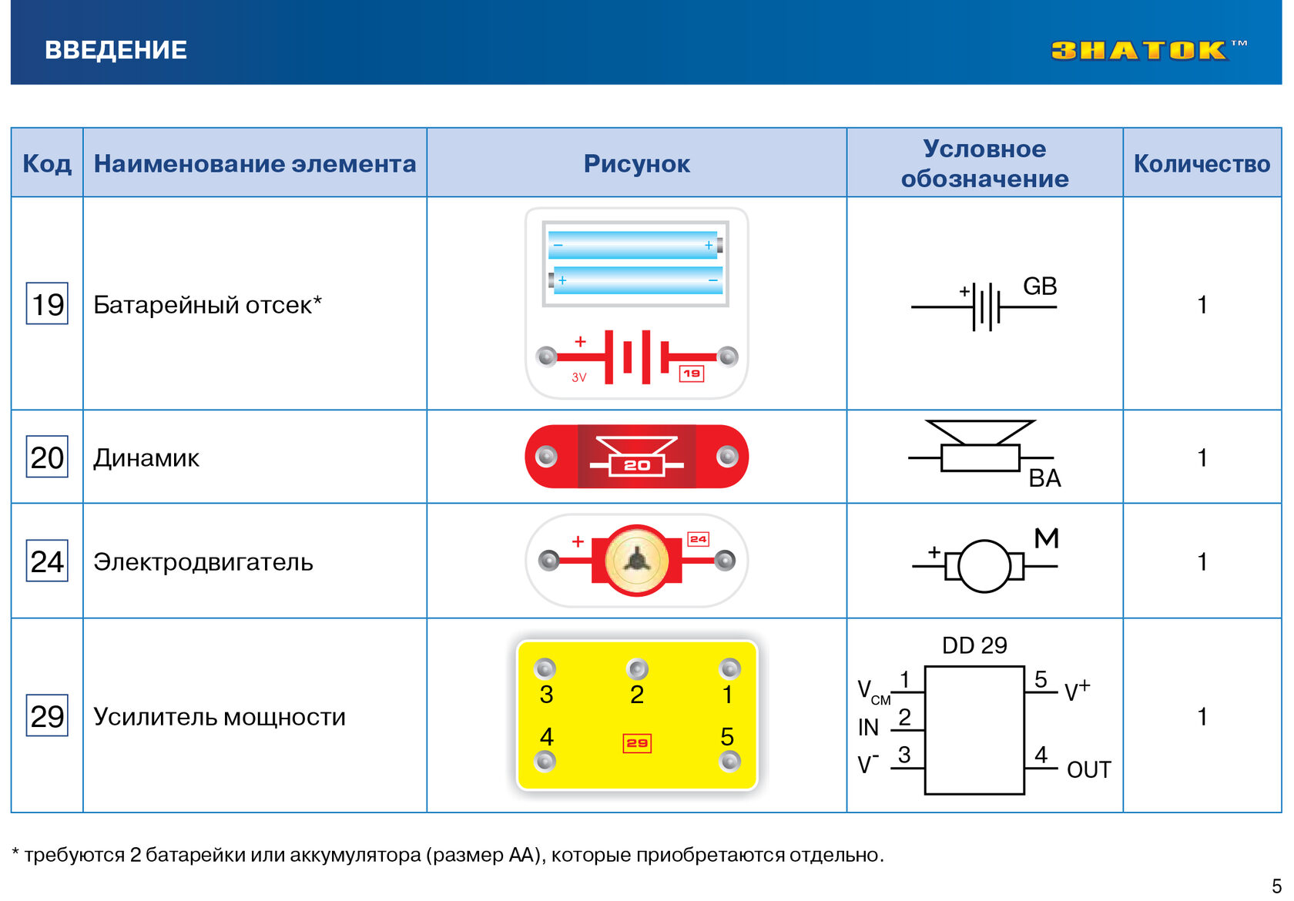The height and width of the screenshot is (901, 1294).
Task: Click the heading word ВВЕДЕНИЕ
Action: tap(116, 50)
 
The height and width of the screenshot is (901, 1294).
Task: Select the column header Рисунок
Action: tap(636, 164)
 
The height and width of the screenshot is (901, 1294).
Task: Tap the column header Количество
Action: tap(1202, 164)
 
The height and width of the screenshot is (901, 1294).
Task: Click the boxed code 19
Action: tap(48, 303)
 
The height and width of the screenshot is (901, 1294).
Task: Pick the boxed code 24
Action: tap(48, 561)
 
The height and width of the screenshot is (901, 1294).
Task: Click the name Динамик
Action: tap(146, 458)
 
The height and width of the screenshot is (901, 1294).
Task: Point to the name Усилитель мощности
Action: tap(220, 717)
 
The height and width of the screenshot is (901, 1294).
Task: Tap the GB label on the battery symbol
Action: tap(1040, 286)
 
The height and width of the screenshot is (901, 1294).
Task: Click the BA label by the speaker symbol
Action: tap(1045, 478)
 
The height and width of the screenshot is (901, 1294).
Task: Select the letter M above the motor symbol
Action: tap(1046, 538)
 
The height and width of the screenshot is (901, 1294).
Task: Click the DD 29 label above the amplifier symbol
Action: tap(974, 645)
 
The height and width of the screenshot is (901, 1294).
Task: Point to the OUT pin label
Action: tap(1089, 770)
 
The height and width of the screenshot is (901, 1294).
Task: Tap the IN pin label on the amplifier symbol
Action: tap(868, 728)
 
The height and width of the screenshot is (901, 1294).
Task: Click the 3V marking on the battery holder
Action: tap(579, 377)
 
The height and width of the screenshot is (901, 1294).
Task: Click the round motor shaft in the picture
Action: tap(636, 560)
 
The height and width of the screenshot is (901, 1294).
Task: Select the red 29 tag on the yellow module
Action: tap(637, 743)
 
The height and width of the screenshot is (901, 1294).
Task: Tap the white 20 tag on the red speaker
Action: tap(636, 465)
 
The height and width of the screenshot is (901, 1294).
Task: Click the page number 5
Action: tap(1277, 886)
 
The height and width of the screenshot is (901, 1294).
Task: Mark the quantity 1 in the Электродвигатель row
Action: tap(1202, 562)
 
